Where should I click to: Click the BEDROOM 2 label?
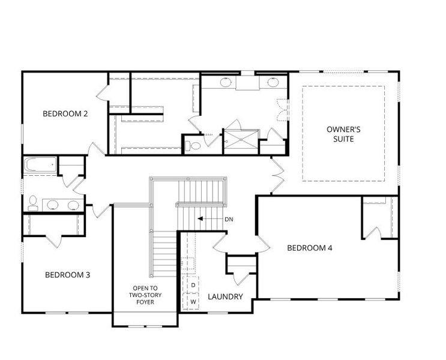coord(65,114)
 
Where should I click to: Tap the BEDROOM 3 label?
coord(67,275)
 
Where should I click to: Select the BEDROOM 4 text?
coord(310,248)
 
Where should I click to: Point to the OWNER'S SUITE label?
coord(343,134)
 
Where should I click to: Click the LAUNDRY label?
coord(225,296)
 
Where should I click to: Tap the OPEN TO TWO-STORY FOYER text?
coord(145,295)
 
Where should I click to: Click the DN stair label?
coord(229,219)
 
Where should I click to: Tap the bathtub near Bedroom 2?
coord(40,164)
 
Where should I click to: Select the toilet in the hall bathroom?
coord(33,203)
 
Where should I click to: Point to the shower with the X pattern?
coord(241,139)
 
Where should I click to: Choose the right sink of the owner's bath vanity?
coord(273,82)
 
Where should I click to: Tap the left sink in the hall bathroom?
coord(53,205)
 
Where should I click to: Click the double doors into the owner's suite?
coord(277,176)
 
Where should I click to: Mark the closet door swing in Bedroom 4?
coord(373,233)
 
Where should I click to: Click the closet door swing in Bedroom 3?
coord(54,242)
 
